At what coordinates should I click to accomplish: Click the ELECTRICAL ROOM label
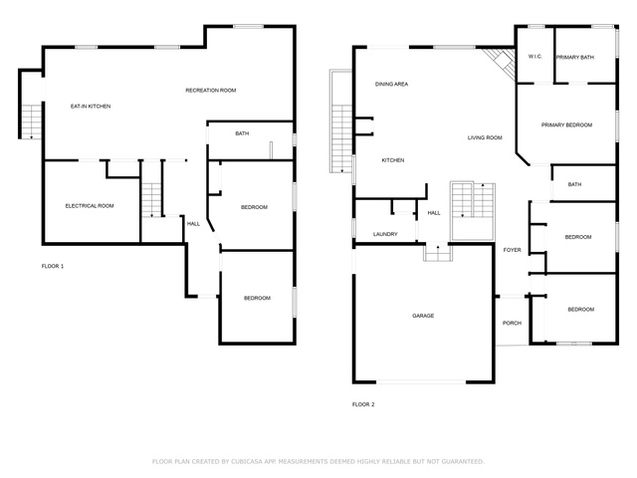click(90, 206)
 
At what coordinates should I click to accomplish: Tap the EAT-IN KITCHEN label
click(91, 107)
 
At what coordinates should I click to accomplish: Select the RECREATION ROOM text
click(210, 91)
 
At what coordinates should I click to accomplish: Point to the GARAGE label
click(423, 316)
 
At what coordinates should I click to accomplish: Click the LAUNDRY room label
click(385, 235)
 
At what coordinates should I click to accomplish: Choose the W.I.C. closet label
click(535, 57)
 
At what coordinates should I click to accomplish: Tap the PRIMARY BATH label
click(575, 58)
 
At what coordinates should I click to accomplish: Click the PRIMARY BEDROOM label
click(566, 125)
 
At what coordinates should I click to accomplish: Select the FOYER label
click(512, 250)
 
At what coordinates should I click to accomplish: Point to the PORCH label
click(512, 323)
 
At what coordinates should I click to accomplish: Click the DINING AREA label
click(391, 85)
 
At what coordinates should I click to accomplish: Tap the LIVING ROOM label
click(485, 138)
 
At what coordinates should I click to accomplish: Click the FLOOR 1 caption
click(53, 267)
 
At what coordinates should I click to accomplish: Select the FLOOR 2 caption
click(363, 405)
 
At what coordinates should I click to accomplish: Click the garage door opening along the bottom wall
click(421, 382)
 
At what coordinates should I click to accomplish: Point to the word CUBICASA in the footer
click(247, 462)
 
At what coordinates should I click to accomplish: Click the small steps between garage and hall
click(438, 252)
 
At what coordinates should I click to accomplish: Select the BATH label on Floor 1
click(242, 133)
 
